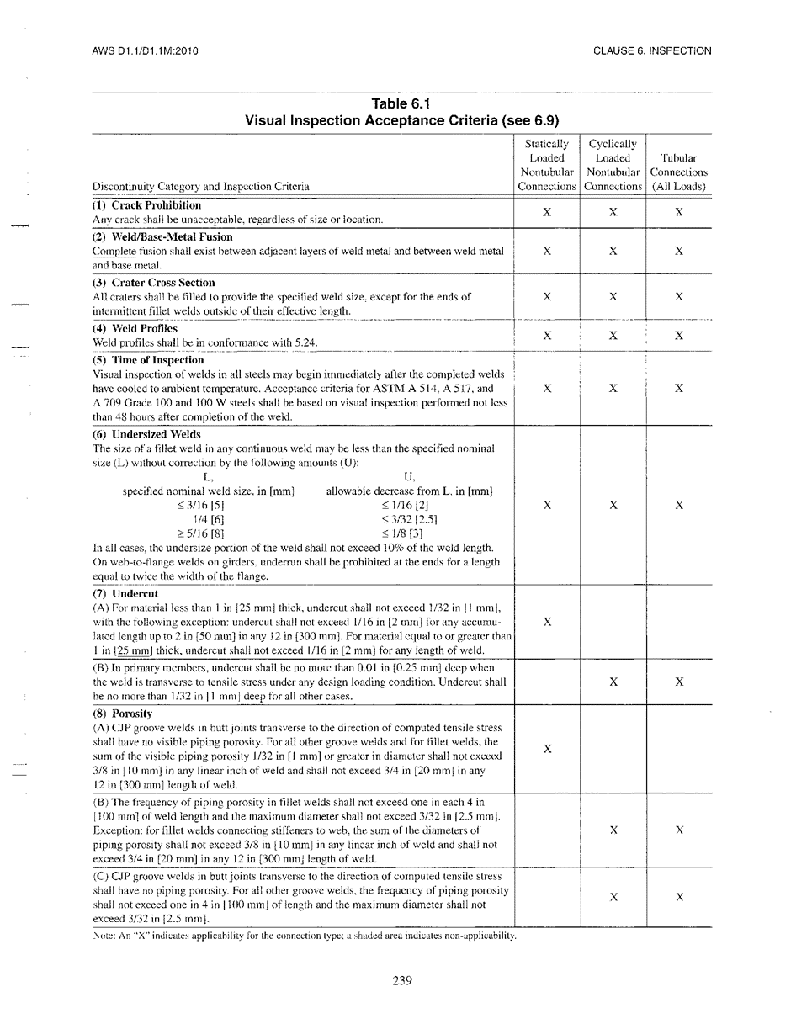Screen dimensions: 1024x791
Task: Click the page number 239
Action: [402, 980]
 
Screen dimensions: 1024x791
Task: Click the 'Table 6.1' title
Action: [401, 104]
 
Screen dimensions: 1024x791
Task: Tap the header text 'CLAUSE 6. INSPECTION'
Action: [652, 50]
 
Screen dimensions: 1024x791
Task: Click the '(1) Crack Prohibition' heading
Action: [146, 205]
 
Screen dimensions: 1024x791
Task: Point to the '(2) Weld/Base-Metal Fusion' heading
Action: [162, 237]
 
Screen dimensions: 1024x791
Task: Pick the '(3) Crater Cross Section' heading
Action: [154, 283]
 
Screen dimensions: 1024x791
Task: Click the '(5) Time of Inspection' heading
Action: [148, 360]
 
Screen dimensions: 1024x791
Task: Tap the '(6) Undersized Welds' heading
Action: [146, 435]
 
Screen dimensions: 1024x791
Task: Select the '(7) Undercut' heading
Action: [125, 594]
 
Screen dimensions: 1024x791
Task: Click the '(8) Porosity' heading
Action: [123, 714]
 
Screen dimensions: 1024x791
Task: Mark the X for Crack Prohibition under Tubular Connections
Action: [679, 213]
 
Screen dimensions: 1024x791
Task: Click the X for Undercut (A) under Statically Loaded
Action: [547, 622]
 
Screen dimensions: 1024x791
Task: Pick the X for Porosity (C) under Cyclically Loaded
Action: [613, 897]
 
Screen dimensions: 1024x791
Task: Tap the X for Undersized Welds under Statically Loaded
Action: [547, 505]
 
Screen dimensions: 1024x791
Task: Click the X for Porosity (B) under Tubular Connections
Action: [679, 830]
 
